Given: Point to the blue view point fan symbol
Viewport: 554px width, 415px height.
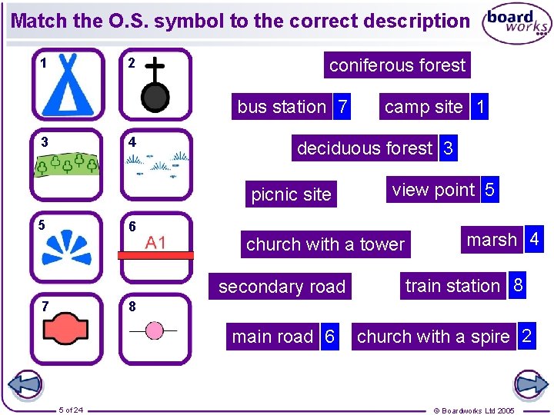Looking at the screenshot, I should click(68, 246).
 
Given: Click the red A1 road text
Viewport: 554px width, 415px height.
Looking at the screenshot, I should click(155, 243).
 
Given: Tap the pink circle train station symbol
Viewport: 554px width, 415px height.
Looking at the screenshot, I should click(155, 330).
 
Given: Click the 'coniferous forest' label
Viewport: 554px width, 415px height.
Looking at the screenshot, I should click(397, 65).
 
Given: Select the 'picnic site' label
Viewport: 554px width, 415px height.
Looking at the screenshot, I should click(291, 194).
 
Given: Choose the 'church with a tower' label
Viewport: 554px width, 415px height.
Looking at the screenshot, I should click(325, 244).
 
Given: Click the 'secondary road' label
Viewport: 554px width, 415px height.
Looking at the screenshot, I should click(282, 287).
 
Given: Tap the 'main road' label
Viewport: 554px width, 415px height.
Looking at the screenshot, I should click(272, 337).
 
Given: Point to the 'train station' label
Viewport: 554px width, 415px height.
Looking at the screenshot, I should click(452, 286).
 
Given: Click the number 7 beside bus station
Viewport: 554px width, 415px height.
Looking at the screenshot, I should click(342, 107).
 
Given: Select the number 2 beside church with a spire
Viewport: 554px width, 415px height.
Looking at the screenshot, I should click(526, 336).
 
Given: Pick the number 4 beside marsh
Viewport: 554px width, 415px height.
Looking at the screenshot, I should click(534, 241).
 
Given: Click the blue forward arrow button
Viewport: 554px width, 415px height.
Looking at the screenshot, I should click(530, 384).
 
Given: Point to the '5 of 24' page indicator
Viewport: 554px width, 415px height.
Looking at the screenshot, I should click(72, 409).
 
